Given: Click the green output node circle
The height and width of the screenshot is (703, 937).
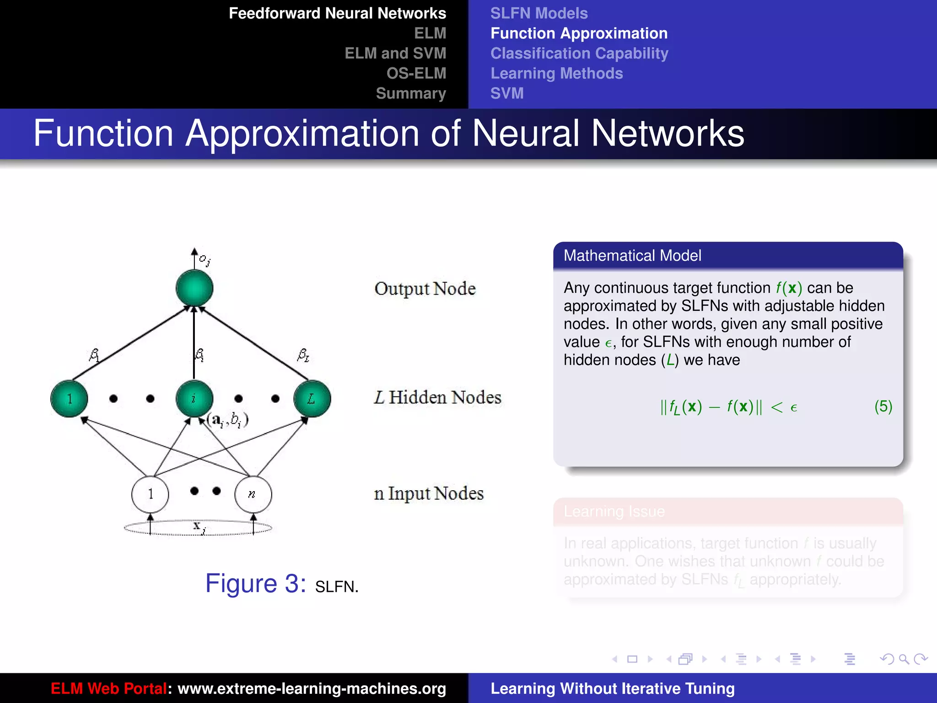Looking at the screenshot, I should (x=194, y=288).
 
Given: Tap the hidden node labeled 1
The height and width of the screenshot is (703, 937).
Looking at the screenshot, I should (x=69, y=399).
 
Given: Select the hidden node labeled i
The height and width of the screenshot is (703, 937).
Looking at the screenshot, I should (x=194, y=399).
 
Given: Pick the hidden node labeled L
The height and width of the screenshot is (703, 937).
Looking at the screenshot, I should (x=312, y=399).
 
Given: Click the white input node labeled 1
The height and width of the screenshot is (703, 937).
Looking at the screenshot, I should (x=150, y=494).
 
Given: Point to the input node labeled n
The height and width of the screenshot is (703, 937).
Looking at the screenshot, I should (x=253, y=494).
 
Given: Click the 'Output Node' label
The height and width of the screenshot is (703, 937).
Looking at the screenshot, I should (x=425, y=289).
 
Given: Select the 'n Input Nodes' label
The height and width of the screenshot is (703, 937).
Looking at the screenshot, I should (x=429, y=493).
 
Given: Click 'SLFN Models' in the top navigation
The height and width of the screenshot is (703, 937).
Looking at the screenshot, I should (x=539, y=13).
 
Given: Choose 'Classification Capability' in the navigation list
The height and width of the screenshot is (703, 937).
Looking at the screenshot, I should (x=579, y=54).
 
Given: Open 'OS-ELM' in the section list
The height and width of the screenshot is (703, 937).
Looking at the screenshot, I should (x=416, y=73).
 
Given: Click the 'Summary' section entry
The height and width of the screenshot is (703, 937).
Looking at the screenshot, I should (x=411, y=93).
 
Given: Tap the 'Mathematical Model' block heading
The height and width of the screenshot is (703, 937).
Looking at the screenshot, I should (x=632, y=255).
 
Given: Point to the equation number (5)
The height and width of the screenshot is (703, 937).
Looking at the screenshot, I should (x=883, y=406).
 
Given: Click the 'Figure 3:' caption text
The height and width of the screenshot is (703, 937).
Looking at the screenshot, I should (x=255, y=584).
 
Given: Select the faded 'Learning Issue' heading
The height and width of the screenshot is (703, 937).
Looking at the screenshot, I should (x=614, y=511).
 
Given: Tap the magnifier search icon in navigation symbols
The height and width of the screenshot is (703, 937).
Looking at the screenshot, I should (x=904, y=659).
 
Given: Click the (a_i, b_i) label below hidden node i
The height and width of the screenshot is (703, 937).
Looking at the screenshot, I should (x=227, y=419).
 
